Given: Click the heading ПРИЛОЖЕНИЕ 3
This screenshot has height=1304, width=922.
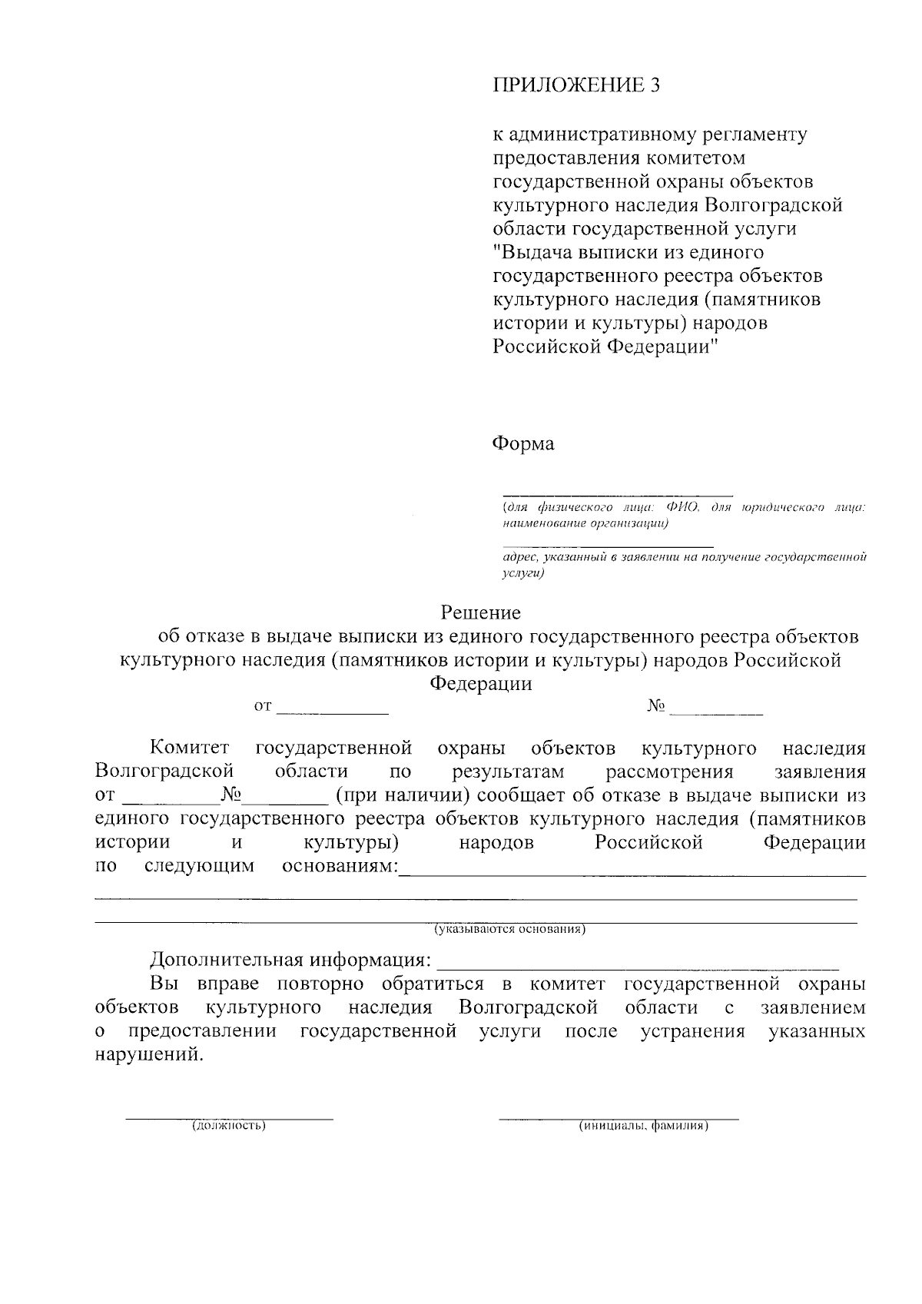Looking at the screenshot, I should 575,85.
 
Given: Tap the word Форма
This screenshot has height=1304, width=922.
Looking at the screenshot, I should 522,444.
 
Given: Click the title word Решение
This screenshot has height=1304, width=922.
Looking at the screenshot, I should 480,612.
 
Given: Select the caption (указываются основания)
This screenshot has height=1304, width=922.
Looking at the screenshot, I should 510,930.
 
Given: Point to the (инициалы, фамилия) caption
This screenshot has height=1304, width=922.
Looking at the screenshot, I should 643,1126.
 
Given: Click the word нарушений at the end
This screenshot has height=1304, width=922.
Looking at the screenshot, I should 149,1054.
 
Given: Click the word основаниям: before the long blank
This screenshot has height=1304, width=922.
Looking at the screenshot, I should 340,867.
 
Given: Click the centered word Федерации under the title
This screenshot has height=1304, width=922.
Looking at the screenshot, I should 480,683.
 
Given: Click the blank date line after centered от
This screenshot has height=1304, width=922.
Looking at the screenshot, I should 332,710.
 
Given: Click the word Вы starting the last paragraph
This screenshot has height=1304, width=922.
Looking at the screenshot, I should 164,984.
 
